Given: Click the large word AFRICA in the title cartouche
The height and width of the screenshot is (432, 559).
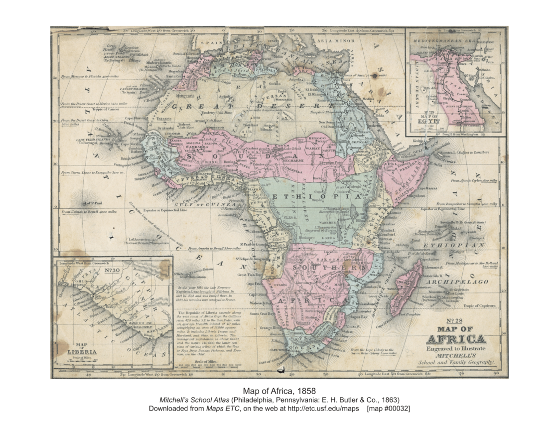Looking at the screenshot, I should point(455,340).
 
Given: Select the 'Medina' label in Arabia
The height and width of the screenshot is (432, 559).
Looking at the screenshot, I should point(368,98).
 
